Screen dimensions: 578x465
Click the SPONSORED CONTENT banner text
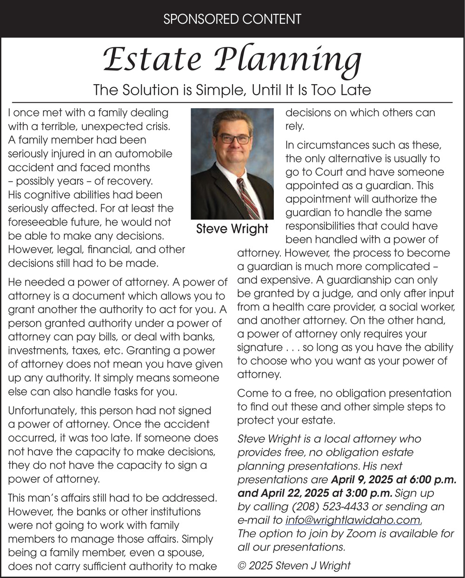pyautogui.click(x=232, y=19)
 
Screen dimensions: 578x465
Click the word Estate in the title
pyautogui.click(x=151, y=59)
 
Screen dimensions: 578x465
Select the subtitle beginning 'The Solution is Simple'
pyautogui.click(x=232, y=89)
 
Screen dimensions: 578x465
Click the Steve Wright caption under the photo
pyautogui.click(x=232, y=229)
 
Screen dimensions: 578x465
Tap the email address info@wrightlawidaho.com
pyautogui.click(x=353, y=519)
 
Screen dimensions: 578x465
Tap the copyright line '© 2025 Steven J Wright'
pyautogui.click(x=294, y=565)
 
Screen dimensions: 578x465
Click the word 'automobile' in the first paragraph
pyautogui.click(x=146, y=153)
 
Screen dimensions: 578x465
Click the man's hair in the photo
pyautogui.click(x=232, y=118)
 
